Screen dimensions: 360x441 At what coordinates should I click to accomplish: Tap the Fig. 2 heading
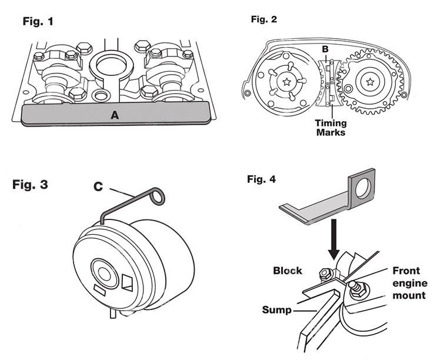coord(265,19)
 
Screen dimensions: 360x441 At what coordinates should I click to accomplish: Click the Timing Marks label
coord(329,128)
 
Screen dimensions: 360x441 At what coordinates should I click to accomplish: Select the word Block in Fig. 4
coord(287,271)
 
